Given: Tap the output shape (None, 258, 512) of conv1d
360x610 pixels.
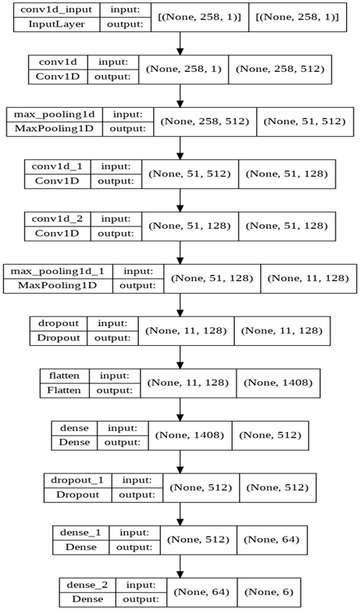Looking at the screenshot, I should click(280, 70).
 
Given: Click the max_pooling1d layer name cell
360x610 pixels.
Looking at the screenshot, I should click(52, 114).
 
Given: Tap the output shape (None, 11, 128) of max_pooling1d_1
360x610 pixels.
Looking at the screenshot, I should click(309, 277).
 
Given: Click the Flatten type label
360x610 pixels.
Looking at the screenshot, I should click(64, 388).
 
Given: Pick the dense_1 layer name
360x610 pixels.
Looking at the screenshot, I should click(78, 533).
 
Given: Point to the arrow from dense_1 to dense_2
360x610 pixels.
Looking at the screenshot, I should click(180, 563).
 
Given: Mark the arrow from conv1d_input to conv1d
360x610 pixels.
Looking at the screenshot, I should click(180, 42).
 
